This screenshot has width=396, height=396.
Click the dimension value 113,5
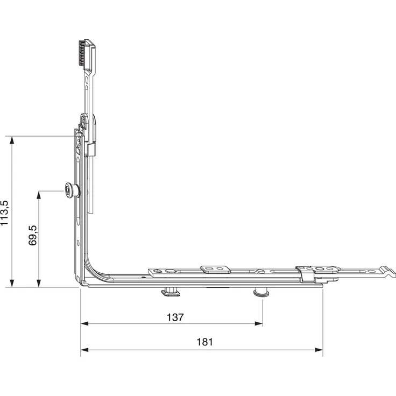pyautogui.click(x=4, y=213)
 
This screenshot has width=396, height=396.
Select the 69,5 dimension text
pyautogui.click(x=33, y=235)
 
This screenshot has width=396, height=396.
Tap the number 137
pyautogui.click(x=175, y=317)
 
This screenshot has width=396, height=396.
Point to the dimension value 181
pyautogui.click(x=204, y=342)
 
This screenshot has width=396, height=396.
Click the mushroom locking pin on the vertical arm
pyautogui.click(x=71, y=190)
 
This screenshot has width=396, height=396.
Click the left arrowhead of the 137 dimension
pyautogui.click(x=84, y=323)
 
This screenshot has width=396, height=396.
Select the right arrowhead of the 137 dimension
pyautogui.click(x=259, y=323)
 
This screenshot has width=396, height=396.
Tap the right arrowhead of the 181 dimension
pyautogui.click(x=319, y=350)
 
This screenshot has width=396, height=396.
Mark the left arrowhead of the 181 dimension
pyautogui.click(x=84, y=350)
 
